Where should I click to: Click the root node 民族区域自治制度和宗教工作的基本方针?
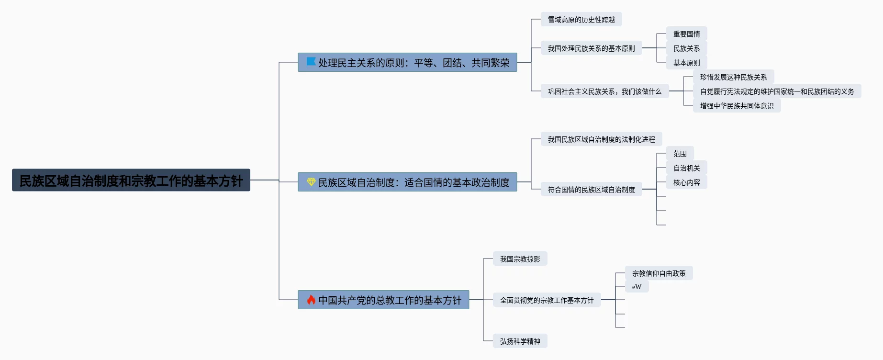[131, 180]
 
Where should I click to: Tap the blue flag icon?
[311, 62]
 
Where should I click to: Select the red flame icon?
[311, 300]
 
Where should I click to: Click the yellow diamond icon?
[311, 182]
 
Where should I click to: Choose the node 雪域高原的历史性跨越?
[581, 20]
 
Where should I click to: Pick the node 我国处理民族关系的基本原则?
[591, 48]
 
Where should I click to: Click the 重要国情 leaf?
[686, 34]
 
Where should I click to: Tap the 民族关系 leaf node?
[686, 48]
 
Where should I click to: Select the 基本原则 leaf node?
[686, 63]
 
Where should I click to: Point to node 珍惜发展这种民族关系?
[733, 77]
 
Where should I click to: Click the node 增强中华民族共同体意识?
[737, 106]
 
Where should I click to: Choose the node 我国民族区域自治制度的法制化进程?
[601, 139]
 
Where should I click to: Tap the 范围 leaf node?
[680, 154]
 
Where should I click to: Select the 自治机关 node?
[686, 168]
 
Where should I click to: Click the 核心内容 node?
[686, 182]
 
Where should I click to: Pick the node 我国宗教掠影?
[520, 259]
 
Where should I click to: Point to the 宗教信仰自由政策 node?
[659, 273]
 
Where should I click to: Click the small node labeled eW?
[637, 287]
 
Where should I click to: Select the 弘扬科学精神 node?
[520, 341]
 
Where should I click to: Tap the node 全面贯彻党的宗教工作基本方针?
[547, 300]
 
